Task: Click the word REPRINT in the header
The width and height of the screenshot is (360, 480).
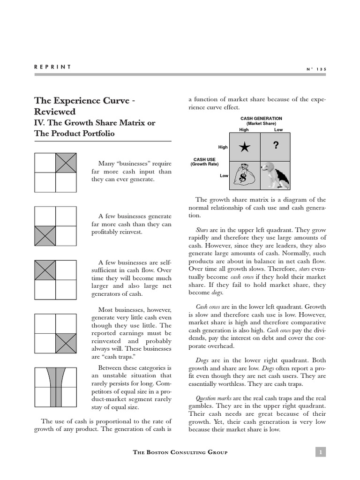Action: pos(52,67)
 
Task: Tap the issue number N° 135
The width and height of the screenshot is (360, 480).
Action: pos(316,69)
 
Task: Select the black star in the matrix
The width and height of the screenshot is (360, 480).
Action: pos(244,147)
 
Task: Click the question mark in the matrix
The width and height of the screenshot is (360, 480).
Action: pos(276,146)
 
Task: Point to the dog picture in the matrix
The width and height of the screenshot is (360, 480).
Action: pos(275,174)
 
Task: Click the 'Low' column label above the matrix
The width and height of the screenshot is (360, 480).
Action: pos(278,129)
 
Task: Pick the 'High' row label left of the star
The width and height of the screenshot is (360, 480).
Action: pos(223,147)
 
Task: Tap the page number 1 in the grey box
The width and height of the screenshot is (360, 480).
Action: pos(321,452)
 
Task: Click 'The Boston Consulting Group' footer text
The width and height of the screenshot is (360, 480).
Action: pos(180,452)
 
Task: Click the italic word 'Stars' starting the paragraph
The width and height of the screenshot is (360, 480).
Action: pos(202,230)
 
